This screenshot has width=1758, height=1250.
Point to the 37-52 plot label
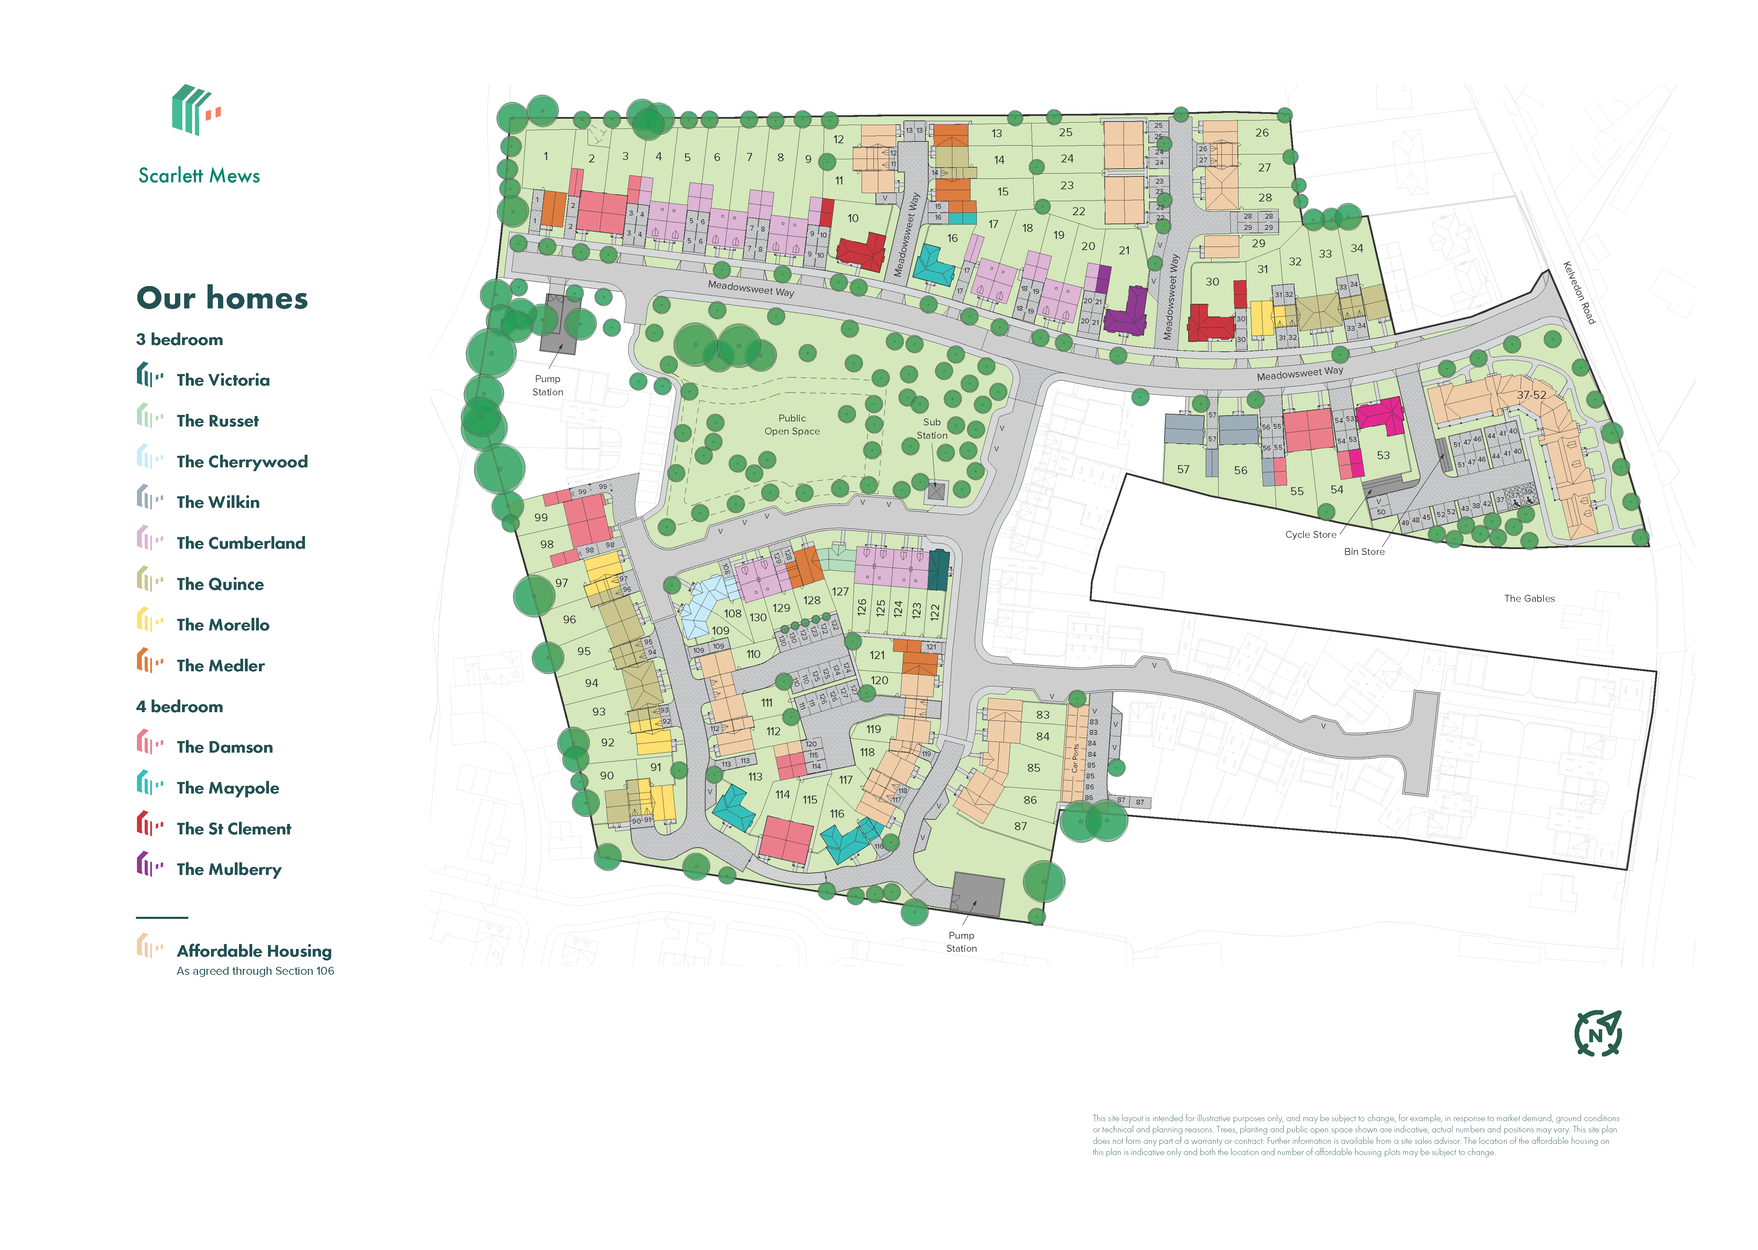(1531, 395)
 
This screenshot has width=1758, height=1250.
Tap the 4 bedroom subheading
(179, 707)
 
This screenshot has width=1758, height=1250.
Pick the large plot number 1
(546, 156)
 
